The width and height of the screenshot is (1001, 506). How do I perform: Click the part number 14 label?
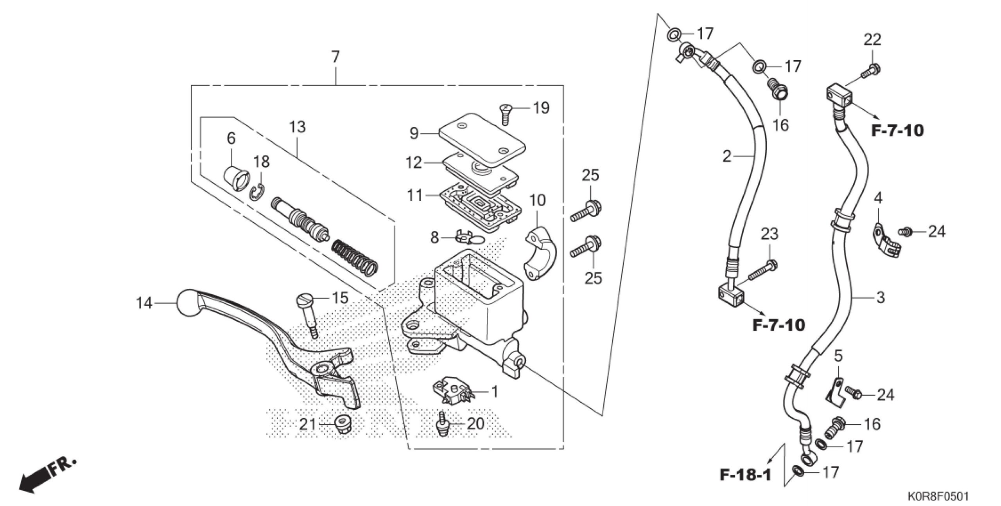point(144,303)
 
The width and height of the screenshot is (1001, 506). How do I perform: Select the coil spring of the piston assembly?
point(355,257)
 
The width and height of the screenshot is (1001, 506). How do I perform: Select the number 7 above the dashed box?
point(335,57)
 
